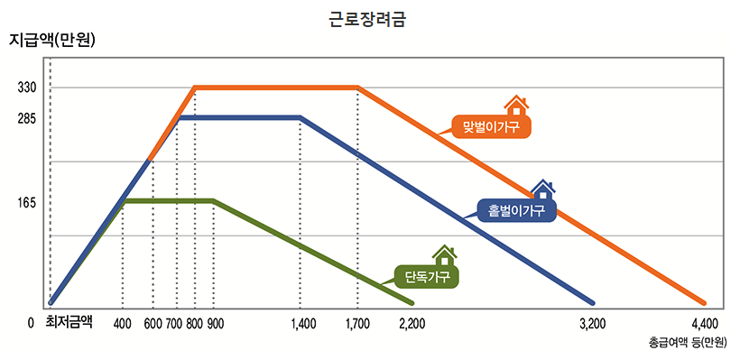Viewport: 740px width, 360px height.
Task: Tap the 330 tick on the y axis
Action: tap(26, 88)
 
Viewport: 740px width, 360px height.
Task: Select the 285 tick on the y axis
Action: tap(26, 118)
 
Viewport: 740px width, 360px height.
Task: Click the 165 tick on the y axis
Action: tap(26, 203)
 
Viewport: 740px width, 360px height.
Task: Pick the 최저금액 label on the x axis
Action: tap(69, 321)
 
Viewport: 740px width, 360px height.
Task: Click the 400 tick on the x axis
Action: tap(124, 323)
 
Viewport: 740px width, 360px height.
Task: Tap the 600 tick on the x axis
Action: tap(153, 323)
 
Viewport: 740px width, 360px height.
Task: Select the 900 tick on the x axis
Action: tap(215, 323)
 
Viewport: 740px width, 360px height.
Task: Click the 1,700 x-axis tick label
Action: tap(357, 323)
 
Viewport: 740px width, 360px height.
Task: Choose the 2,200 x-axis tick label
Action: tap(412, 323)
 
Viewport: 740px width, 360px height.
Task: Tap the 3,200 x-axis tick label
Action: tap(591, 323)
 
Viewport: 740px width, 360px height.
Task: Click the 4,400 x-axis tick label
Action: tap(704, 323)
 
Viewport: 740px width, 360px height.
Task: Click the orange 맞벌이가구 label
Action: tap(491, 127)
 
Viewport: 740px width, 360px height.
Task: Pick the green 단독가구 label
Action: tap(427, 276)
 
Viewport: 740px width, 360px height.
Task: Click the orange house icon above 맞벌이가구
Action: tap(515, 106)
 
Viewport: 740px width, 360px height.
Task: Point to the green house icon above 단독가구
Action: tap(444, 255)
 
